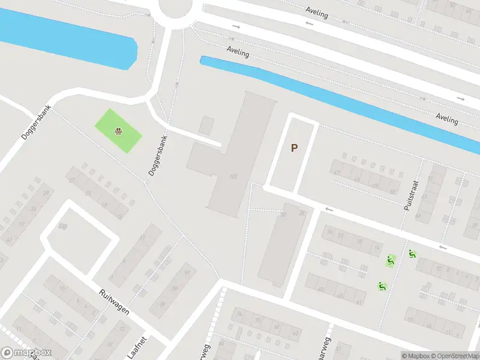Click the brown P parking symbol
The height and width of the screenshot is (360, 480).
pyautogui.click(x=294, y=148)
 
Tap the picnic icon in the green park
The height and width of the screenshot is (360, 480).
pyautogui.click(x=119, y=130)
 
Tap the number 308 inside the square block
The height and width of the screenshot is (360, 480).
pyautogui.click(x=62, y=226)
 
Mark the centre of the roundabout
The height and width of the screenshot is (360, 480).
pyautogui.click(x=178, y=7)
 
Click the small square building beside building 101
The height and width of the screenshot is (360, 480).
pyautogui.click(x=206, y=125)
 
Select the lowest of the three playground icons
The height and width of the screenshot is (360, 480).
pyautogui.click(x=381, y=286)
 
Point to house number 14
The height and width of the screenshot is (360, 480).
pyautogui.click(x=376, y=248)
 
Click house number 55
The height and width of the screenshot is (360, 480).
pyautogui.click(x=392, y=191)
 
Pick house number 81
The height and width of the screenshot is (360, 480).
pyautogui.click(x=142, y=238)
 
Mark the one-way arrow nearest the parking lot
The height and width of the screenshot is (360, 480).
pyautogui.click(x=329, y=209)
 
